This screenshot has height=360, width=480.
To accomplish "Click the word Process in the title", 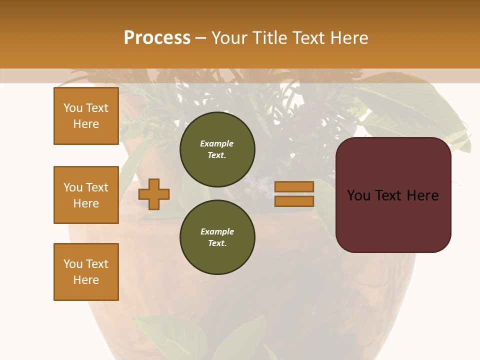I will [157, 38].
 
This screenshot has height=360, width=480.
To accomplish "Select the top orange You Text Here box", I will [86, 116].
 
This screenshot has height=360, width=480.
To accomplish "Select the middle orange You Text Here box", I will [86, 195].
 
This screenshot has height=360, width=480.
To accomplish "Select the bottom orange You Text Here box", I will [86, 272].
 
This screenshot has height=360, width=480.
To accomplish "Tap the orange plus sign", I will [154, 194].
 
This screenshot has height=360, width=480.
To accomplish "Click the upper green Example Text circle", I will [217, 149].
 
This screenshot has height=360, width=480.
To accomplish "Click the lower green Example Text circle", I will [217, 237].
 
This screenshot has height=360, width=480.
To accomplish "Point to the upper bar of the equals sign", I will [294, 186].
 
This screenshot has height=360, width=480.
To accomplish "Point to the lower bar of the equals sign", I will [294, 201].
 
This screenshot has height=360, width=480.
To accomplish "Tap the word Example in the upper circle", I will [217, 143].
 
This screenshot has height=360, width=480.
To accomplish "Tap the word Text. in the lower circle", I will [217, 243].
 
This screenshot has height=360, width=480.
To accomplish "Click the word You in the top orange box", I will [72, 108].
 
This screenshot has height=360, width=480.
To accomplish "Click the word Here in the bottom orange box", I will [86, 280].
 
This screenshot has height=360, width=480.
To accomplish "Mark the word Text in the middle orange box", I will [97, 187].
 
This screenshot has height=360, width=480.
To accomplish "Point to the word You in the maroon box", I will [358, 195].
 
